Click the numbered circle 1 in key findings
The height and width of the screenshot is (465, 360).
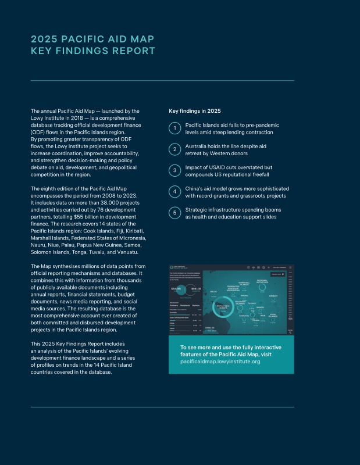[174, 128]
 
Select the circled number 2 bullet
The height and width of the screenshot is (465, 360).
[174, 149]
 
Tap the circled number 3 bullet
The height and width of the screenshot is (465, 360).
[174, 170]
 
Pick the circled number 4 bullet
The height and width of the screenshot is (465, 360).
[174, 191]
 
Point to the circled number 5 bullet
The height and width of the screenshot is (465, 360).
[174, 213]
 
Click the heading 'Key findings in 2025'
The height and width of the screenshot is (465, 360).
[194, 110]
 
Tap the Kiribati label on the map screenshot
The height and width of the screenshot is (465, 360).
[272, 295]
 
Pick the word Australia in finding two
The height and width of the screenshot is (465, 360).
[197, 146]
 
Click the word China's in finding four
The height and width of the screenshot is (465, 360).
[195, 188]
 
